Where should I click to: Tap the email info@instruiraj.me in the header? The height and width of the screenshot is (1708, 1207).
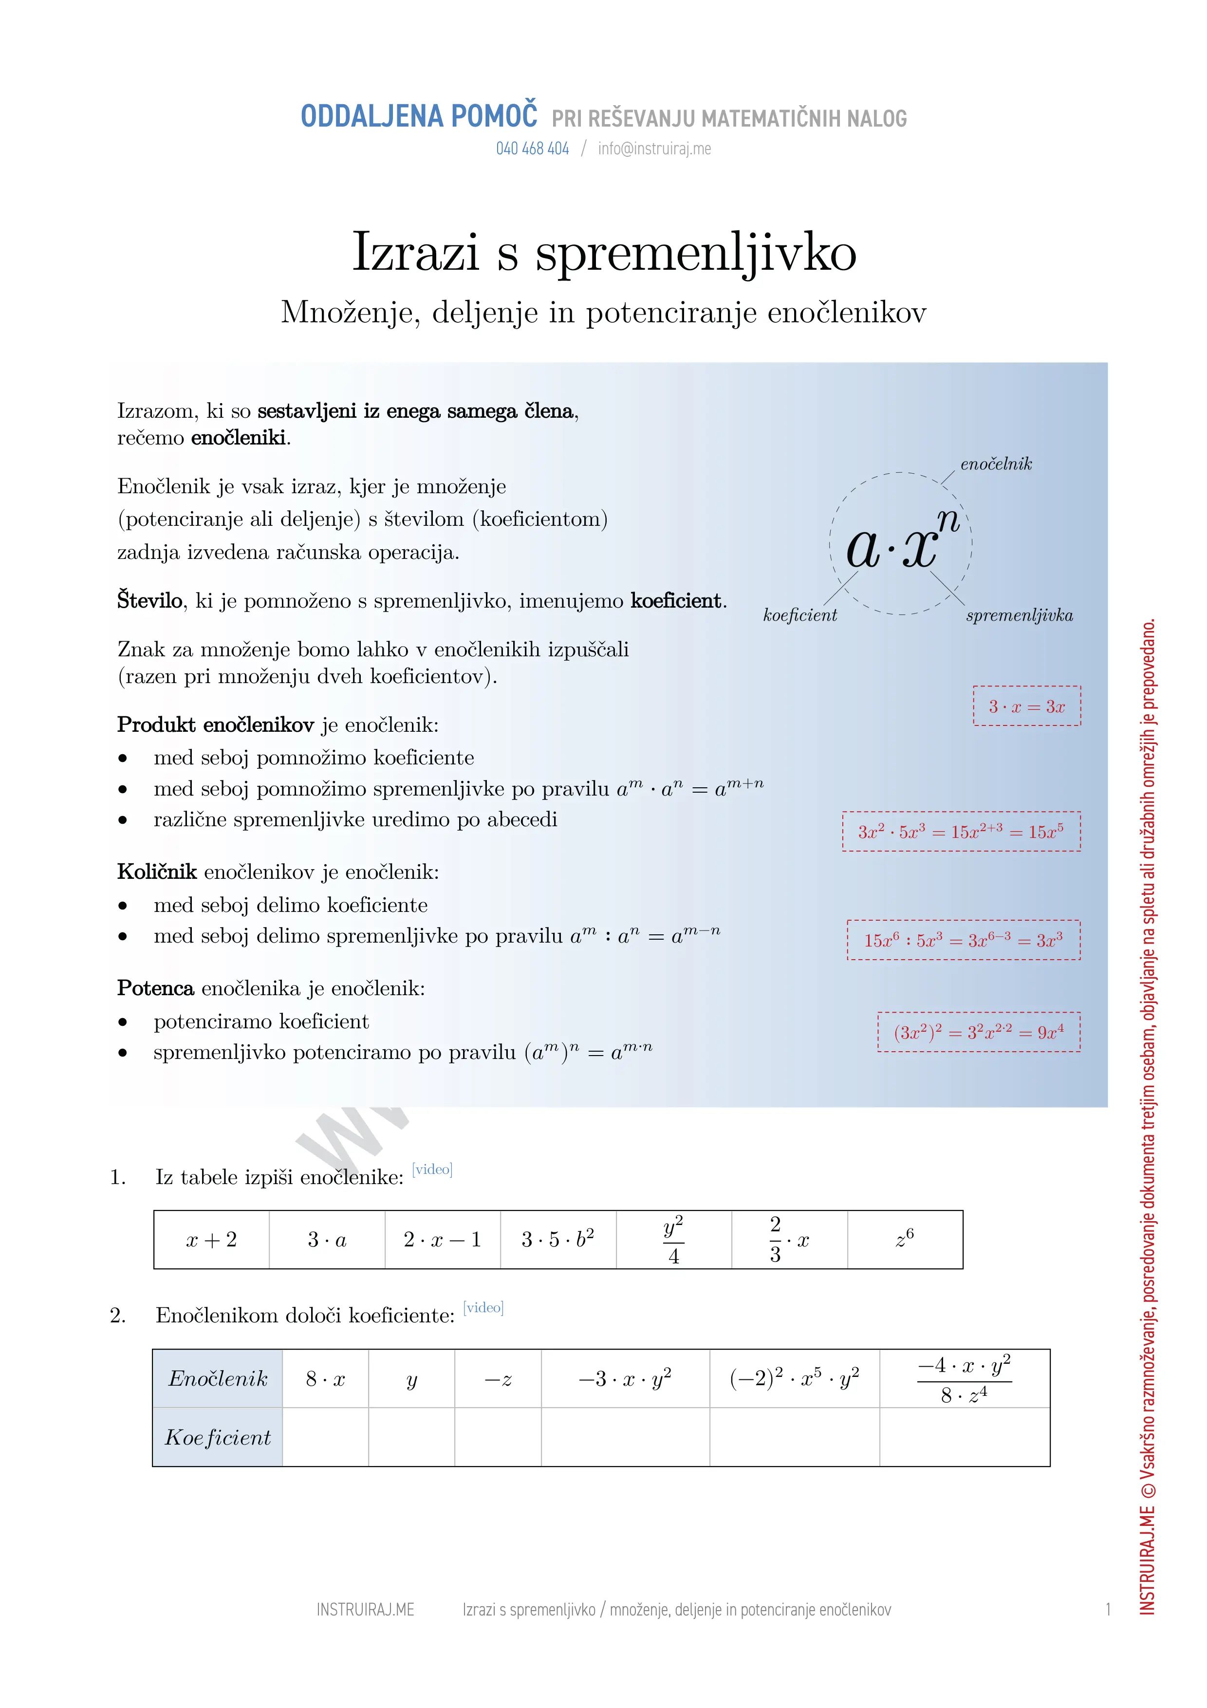pyautogui.click(x=654, y=149)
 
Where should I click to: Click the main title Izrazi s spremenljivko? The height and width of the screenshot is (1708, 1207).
pyautogui.click(x=603, y=251)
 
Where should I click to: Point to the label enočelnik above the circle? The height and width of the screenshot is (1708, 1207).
pyautogui.click(x=995, y=464)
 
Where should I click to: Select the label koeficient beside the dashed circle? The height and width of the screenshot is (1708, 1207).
pyautogui.click(x=799, y=615)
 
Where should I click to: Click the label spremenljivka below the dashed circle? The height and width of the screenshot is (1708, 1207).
pyautogui.click(x=1019, y=615)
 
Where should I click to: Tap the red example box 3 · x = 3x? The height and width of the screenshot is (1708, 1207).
pyautogui.click(x=1026, y=706)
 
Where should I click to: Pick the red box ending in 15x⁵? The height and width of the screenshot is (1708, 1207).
pyautogui.click(x=961, y=831)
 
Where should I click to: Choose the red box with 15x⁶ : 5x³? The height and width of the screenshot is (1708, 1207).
pyautogui.click(x=963, y=940)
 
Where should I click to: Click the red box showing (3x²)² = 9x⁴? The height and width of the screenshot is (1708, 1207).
pyautogui.click(x=979, y=1032)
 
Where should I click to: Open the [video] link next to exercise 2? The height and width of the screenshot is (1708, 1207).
pyautogui.click(x=483, y=1307)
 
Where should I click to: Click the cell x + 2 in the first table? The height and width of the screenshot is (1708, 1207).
pyautogui.click(x=211, y=1239)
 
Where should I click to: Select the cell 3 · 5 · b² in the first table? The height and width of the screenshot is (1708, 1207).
pyautogui.click(x=558, y=1239)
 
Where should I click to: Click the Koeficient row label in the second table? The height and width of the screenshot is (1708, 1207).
pyautogui.click(x=217, y=1436)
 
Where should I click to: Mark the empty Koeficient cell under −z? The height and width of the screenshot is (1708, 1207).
pyautogui.click(x=498, y=1436)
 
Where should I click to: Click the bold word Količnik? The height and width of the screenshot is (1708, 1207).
pyautogui.click(x=157, y=871)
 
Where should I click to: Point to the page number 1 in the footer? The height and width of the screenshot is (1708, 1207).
pyautogui.click(x=1107, y=1610)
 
